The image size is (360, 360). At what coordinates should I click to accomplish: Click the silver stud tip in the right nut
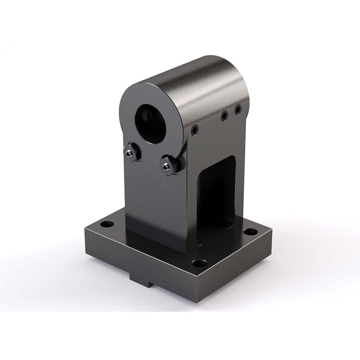point(166,167)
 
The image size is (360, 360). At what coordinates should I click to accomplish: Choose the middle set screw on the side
point(224,116)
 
